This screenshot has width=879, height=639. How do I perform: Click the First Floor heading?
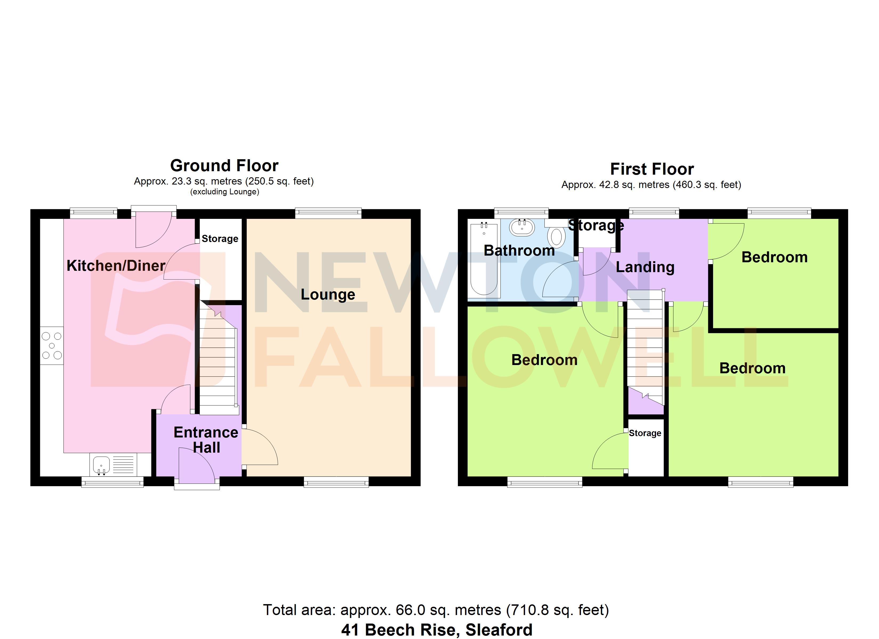652,169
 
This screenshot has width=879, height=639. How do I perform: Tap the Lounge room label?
328,294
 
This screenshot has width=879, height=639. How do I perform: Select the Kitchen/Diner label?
116,266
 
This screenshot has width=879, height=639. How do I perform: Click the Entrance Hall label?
206,440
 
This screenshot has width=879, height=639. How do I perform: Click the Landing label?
645,267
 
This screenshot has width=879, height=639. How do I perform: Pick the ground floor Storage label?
220,239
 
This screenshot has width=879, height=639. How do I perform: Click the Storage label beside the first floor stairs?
645,433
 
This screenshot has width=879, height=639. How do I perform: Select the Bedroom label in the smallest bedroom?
774,257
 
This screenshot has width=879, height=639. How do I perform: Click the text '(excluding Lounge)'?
224,192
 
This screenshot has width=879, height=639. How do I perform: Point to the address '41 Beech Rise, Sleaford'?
437,630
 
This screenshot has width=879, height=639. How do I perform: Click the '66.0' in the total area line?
410,610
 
